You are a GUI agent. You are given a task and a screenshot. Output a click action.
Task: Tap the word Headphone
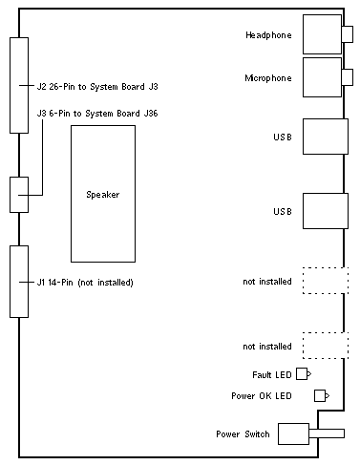point(268,35)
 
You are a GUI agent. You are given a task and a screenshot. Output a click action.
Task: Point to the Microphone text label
point(268,78)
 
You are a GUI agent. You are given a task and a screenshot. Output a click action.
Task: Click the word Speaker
point(103,195)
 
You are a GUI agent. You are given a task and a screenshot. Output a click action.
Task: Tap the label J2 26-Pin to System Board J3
point(97,87)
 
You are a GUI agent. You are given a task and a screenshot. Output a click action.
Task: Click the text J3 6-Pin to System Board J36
point(97,114)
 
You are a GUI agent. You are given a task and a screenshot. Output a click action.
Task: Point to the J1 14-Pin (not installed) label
point(85,283)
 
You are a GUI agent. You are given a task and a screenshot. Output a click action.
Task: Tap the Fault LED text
point(272,375)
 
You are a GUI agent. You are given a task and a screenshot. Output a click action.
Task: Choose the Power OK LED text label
point(262,396)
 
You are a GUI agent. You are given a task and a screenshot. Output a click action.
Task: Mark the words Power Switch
point(243,434)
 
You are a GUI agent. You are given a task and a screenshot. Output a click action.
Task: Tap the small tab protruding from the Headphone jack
point(348,34)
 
